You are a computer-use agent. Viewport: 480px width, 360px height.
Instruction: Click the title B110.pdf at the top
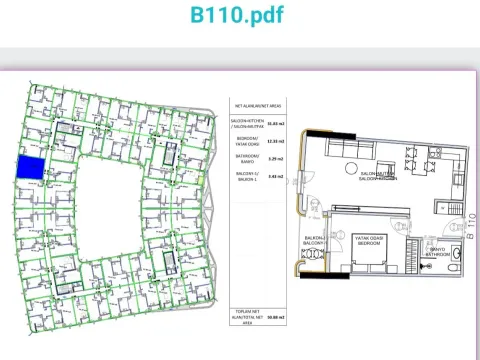click(240, 17)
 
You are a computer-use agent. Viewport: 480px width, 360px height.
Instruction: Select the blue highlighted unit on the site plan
click(31, 168)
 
